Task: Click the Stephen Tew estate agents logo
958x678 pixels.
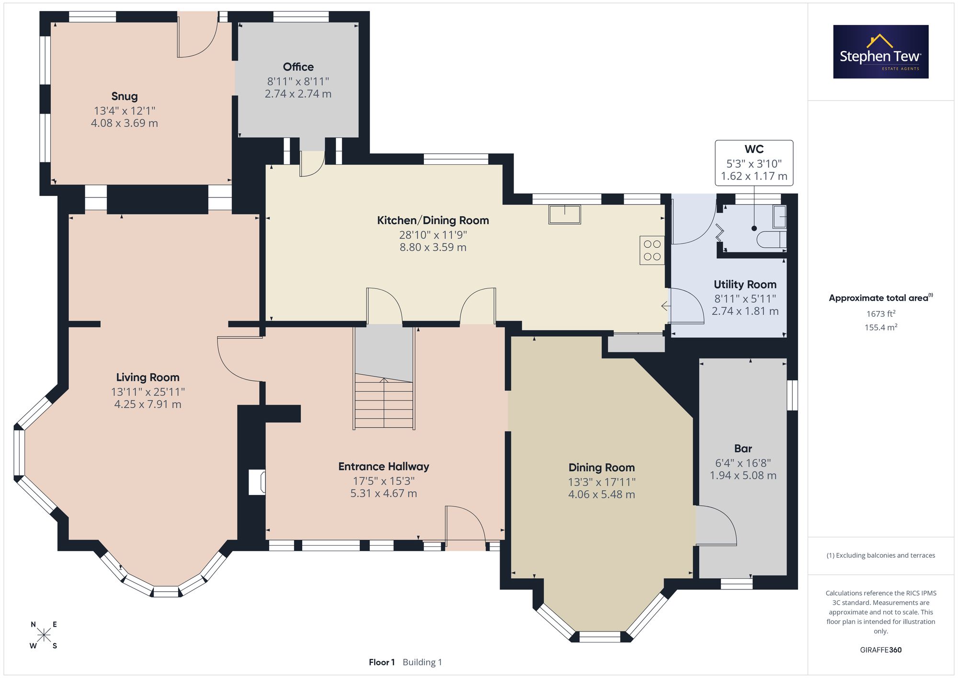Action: [881, 52]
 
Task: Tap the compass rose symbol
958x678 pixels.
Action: [44, 635]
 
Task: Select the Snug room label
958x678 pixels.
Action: [125, 96]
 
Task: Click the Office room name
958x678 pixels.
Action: [298, 67]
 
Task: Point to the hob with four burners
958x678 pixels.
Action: [652, 251]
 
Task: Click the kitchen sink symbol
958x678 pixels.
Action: [565, 214]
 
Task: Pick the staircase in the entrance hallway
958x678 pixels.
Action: [384, 378]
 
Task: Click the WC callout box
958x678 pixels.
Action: [754, 163]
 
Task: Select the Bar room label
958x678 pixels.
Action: [743, 448]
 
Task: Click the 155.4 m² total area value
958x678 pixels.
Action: [881, 327]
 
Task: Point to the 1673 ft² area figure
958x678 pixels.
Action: [881, 314]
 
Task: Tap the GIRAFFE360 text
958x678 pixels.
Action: [881, 650]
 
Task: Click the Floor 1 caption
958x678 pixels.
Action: [382, 662]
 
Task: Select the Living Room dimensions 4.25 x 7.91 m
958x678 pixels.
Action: [148, 404]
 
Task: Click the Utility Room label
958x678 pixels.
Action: [745, 285]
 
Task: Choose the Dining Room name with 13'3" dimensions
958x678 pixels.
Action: [602, 468]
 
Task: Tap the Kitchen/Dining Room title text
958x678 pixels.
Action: [433, 220]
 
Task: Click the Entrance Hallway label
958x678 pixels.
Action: [384, 467]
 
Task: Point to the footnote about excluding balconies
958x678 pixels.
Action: [881, 556]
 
